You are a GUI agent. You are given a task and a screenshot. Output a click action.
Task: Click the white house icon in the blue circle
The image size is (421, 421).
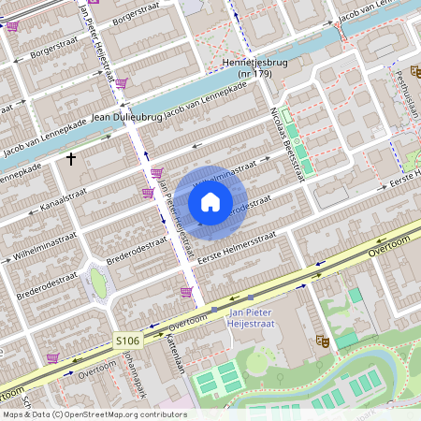click(x=210, y=201)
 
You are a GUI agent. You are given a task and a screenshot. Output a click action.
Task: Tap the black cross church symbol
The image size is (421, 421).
click(x=71, y=160)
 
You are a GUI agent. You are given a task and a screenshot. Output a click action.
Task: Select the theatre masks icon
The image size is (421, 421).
click(x=323, y=341)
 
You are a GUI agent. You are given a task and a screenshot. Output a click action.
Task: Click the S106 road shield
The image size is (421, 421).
click(x=127, y=341)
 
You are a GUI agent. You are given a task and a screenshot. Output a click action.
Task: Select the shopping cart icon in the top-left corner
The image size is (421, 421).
click(x=11, y=26)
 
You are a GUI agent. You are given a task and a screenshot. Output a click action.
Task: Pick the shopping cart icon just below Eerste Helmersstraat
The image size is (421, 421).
click(x=186, y=292)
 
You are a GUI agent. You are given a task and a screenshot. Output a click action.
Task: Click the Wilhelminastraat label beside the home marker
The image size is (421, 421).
click(x=225, y=176)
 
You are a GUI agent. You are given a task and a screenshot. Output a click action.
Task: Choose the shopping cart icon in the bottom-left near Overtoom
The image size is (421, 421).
click(x=53, y=356)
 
